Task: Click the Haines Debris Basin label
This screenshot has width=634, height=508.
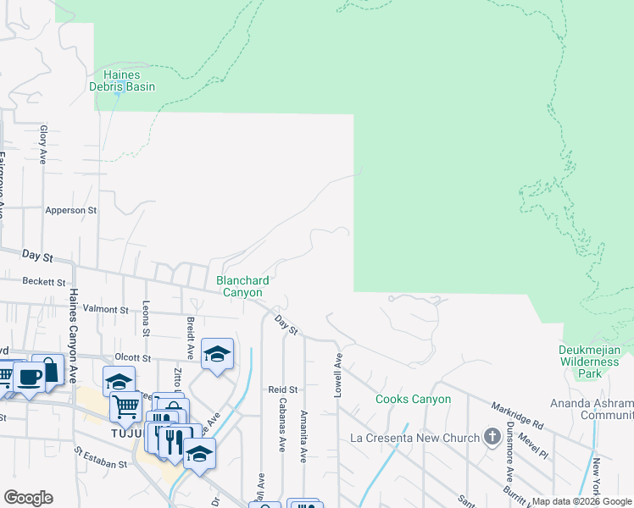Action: [x=122, y=80]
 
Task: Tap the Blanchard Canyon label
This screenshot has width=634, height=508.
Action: [x=242, y=286]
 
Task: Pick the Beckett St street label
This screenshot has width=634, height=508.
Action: [x=44, y=281]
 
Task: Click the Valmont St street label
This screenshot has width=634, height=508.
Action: [x=105, y=310]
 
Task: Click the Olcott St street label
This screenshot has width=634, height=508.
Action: [x=131, y=358]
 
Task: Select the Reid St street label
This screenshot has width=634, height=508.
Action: [x=280, y=389]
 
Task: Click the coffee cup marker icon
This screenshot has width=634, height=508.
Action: [x=30, y=376]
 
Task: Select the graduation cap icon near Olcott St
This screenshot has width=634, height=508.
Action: [x=217, y=353]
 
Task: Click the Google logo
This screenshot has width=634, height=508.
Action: [x=28, y=498]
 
